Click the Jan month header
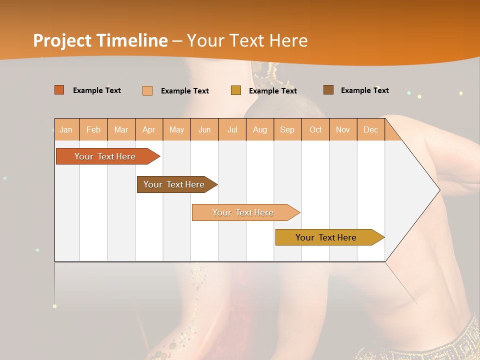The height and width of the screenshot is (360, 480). tap(66, 129)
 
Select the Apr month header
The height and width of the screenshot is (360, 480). tap(149, 129)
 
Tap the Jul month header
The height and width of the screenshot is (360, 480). tap(232, 129)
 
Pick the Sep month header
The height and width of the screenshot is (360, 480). tap(287, 129)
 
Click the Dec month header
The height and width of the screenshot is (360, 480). tap(370, 129)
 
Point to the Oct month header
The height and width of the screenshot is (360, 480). tap(315, 129)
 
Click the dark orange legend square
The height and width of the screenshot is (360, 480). tap(59, 90)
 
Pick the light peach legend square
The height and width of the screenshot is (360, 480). tap(147, 90)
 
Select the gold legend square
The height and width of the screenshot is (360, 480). tap(236, 90)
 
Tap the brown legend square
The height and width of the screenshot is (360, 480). tap(328, 90)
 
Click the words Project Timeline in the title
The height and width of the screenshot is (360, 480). tap(100, 40)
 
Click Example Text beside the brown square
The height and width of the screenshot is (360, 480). tap(364, 90)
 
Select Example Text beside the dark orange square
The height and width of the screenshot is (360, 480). tap(96, 90)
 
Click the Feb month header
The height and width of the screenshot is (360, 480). tap(93, 129)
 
